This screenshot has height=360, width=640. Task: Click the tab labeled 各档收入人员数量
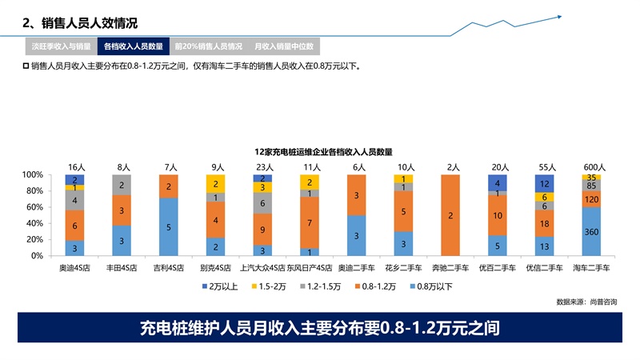(x=134, y=46)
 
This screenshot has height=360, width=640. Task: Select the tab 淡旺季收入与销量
(x=61, y=46)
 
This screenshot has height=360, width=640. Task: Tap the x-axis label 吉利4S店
(x=169, y=268)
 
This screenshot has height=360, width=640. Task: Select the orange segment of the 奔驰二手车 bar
(x=450, y=215)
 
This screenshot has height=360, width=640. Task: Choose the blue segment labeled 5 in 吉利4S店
(x=169, y=226)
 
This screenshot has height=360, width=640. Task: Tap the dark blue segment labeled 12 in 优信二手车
(x=544, y=183)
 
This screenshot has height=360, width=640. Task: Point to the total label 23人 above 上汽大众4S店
(x=262, y=167)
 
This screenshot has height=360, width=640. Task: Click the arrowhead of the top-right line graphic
(x=559, y=16)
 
